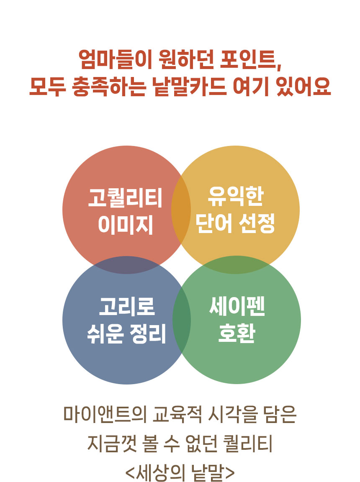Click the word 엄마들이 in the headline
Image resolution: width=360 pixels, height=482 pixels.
[x=115, y=59]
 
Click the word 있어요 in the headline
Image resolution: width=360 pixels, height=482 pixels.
[x=303, y=86]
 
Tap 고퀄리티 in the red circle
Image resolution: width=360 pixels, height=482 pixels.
[x=125, y=197]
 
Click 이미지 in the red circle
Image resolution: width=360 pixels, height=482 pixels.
[x=126, y=225]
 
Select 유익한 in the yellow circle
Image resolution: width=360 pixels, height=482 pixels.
[x=236, y=197]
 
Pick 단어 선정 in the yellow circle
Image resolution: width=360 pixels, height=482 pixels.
[x=235, y=224]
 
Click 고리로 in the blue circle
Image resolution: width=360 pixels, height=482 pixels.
[x=127, y=306]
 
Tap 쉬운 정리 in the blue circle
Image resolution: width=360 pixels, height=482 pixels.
[x=126, y=333]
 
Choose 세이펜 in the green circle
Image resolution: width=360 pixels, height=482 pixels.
[x=237, y=306]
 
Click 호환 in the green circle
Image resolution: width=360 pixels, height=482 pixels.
[x=237, y=333]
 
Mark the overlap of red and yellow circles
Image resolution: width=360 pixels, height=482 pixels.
[x=181, y=210]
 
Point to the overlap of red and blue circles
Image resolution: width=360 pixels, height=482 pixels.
[x=126, y=265]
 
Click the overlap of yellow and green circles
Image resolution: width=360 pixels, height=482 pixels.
[x=236, y=265]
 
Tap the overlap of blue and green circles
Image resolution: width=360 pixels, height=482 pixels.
[x=182, y=320]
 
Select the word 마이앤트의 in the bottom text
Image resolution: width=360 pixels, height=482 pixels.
[x=105, y=415]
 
